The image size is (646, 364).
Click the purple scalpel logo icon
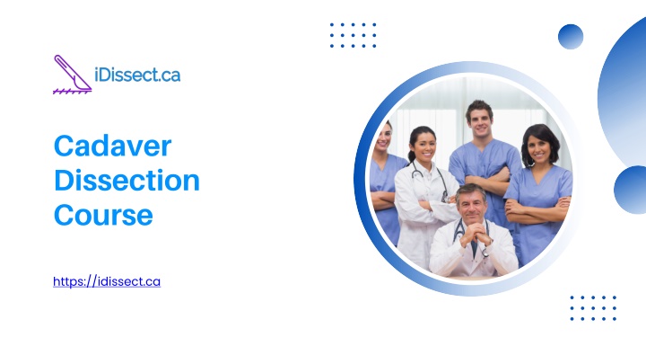(72, 75)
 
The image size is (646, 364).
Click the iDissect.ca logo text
(137, 75)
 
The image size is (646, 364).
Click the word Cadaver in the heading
(112, 146)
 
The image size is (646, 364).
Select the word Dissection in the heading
(127, 181)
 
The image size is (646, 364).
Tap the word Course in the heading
(103, 216)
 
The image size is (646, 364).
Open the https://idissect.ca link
(107, 281)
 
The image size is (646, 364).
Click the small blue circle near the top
(571, 37)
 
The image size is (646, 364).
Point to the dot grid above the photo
(354, 35)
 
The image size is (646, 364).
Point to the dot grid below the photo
(593, 308)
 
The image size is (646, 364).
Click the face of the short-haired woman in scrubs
(538, 149)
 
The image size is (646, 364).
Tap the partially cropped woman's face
(384, 138)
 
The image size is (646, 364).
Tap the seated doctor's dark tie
(475, 248)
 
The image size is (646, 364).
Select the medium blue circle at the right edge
(631, 190)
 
